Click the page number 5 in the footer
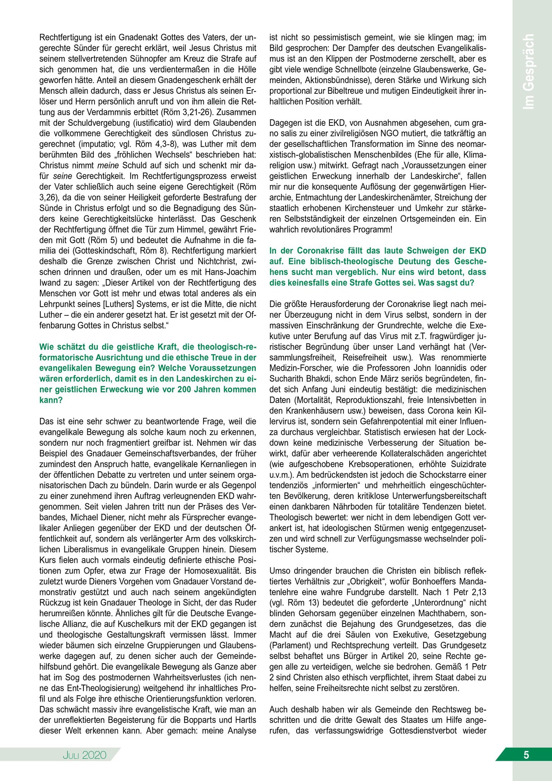coord(526,755)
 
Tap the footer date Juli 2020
coord(85,755)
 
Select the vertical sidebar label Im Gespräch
coord(528,72)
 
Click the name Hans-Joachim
coord(233,272)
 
